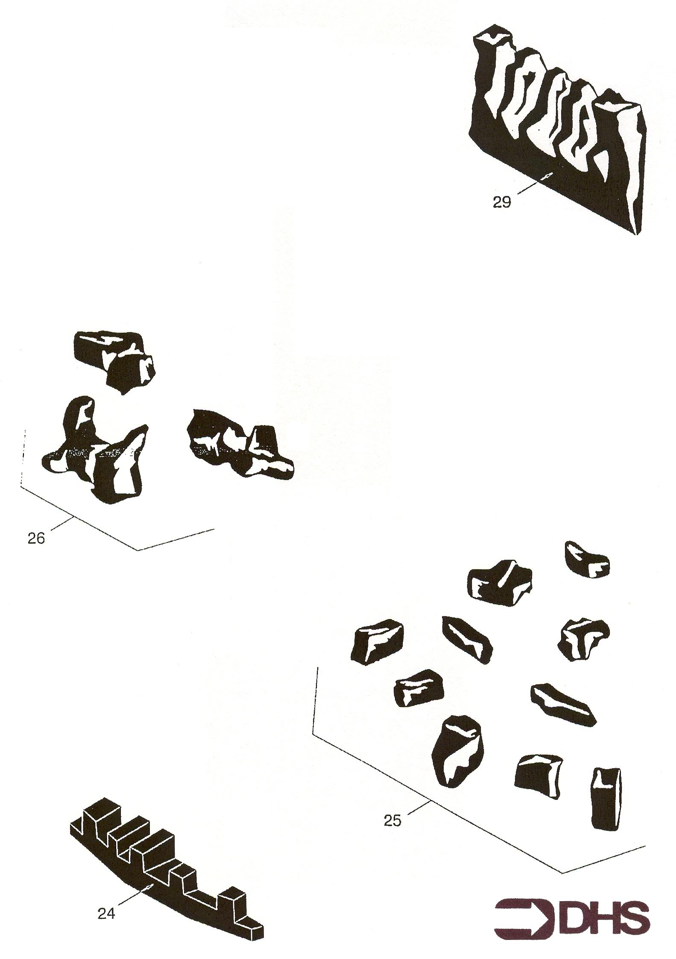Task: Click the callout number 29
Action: [x=502, y=202]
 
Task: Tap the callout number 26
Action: [x=36, y=538]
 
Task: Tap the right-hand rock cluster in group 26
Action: [x=240, y=444]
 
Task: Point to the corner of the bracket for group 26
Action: [x=138, y=550]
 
